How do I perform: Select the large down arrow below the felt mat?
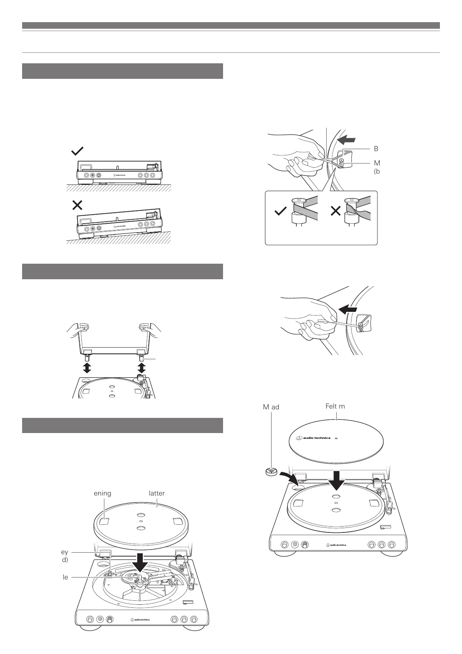[336, 480]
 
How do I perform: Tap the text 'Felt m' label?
[335, 406]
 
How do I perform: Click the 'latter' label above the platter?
[157, 493]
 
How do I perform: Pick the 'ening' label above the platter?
[102, 493]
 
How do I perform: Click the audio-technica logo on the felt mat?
[313, 438]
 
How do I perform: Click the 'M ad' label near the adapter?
[271, 407]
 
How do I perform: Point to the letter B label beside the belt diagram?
[375, 149]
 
